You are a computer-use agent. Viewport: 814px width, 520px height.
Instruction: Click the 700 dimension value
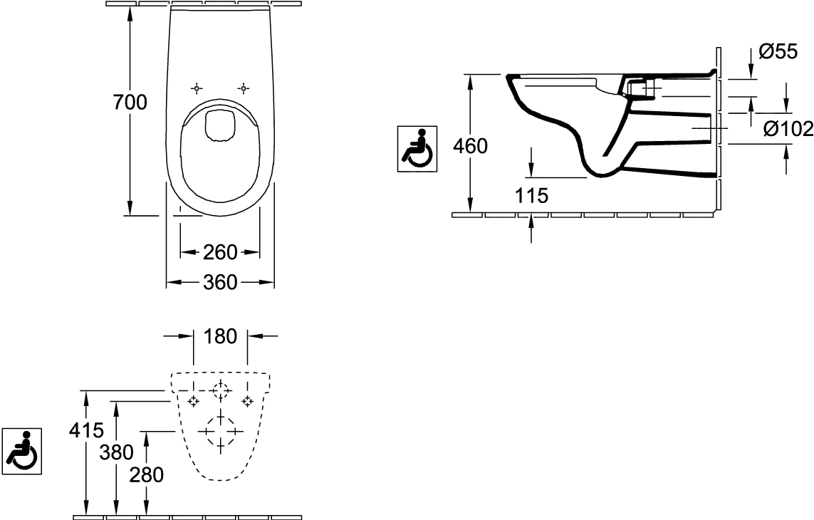[x=130, y=103]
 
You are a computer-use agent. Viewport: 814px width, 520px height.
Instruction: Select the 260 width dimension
[x=220, y=252]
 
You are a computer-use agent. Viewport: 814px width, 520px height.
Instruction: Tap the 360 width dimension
[x=220, y=282]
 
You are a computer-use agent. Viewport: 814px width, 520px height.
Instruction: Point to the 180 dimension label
[x=221, y=337]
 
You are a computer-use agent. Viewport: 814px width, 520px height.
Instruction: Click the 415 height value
[x=87, y=430]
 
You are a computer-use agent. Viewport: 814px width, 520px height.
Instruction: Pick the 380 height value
[x=117, y=452]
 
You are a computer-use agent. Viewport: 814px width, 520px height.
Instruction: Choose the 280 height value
[x=147, y=474]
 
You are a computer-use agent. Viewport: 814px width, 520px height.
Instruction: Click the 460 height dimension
[x=470, y=147]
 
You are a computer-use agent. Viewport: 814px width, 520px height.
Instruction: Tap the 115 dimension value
[x=531, y=195]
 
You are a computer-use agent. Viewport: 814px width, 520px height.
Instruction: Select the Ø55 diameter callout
[x=778, y=51]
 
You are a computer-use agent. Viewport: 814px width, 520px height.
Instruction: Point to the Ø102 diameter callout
[x=788, y=128]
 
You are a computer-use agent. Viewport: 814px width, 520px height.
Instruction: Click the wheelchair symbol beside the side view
[x=417, y=149]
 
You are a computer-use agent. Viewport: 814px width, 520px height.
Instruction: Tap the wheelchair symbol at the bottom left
[x=22, y=451]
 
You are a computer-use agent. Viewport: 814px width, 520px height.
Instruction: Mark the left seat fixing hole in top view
[x=197, y=88]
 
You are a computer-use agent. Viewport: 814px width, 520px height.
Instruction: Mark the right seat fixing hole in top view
[x=244, y=88]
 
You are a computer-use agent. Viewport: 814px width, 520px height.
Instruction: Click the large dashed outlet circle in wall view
[x=221, y=431]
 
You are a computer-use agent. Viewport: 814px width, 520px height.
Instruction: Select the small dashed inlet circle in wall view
[x=221, y=390]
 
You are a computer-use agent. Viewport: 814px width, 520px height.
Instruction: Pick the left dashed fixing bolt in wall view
[x=194, y=401]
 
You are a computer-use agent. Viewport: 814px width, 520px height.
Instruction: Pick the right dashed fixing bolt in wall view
[x=248, y=401]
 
